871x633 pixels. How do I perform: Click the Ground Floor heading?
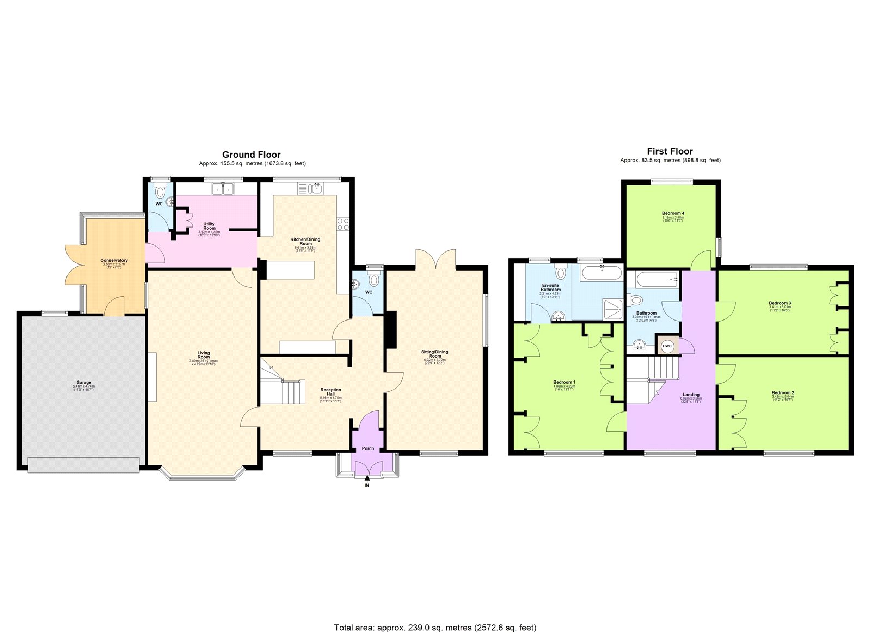[251, 155]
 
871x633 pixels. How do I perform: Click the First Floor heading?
[670, 151]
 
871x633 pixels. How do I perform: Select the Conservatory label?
[114, 260]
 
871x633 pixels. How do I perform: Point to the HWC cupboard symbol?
[668, 347]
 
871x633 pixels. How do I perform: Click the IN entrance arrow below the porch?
[367, 478]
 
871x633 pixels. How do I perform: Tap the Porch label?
[368, 448]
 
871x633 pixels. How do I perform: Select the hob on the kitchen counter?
[343, 224]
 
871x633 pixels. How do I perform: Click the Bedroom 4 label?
[673, 213]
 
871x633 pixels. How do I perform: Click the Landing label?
[691, 395]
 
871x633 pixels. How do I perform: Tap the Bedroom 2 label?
[783, 392]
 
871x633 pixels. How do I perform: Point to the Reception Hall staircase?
[283, 386]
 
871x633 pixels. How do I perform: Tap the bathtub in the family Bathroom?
[652, 279]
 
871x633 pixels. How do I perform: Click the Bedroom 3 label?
[780, 303]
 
